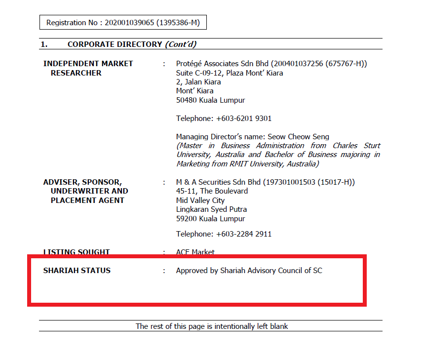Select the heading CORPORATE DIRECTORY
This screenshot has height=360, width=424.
point(115,44)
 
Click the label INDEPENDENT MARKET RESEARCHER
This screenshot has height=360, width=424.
point(88,68)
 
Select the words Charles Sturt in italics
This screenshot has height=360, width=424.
point(356,146)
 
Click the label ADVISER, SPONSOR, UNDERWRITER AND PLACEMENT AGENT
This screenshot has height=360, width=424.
point(85,191)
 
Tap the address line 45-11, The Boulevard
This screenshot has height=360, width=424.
point(212,191)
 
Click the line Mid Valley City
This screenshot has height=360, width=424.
point(200,200)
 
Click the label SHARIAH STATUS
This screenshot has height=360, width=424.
point(77,271)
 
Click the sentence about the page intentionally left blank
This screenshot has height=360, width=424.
point(212,326)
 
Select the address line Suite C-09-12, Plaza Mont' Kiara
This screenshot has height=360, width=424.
point(230,73)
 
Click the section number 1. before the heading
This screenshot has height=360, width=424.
point(44,44)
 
